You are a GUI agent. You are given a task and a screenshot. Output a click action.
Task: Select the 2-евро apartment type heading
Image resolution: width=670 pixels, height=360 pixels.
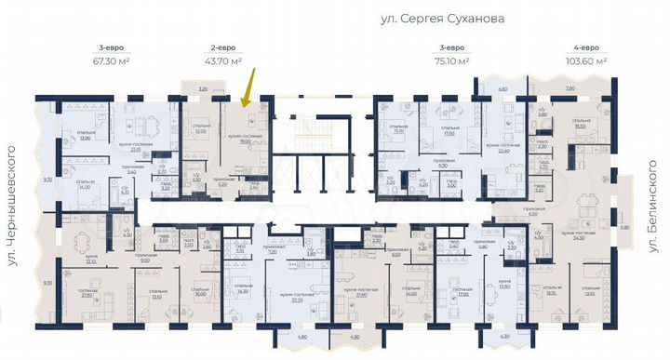(221, 47)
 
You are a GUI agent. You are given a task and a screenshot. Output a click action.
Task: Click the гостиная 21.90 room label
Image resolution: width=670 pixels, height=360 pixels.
(86, 293)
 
